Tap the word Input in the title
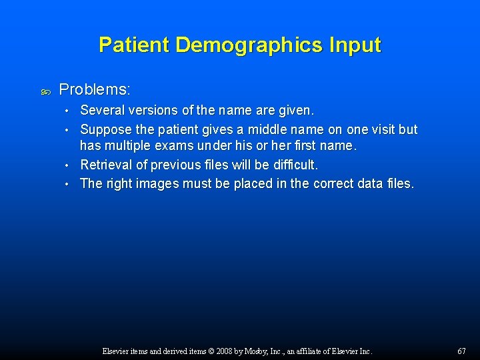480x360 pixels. click(x=354, y=45)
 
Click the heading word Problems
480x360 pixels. click(x=95, y=89)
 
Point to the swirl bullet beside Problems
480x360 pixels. click(x=45, y=89)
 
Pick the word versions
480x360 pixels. click(x=155, y=109)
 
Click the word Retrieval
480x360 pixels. click(x=106, y=165)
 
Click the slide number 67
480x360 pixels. click(x=461, y=351)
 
